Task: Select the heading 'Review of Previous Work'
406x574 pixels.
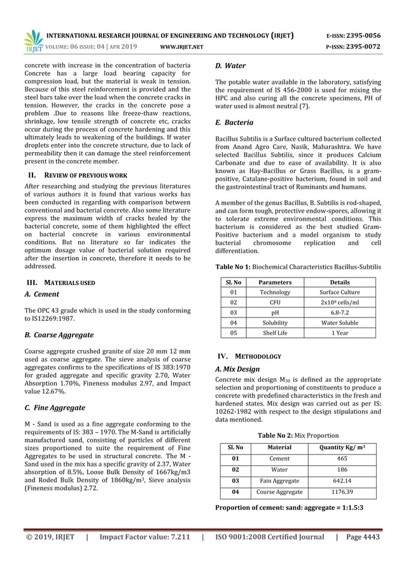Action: (83, 174)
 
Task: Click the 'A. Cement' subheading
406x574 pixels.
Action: (42, 295)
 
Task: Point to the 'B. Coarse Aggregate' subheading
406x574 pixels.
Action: (59, 335)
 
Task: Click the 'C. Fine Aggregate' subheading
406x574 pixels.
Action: (55, 407)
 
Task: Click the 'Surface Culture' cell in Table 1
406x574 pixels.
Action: (339, 292)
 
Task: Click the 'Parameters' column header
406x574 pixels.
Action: (276, 281)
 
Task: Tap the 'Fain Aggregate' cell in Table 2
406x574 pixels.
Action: (279, 480)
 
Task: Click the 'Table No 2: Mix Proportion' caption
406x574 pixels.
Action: (298, 435)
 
